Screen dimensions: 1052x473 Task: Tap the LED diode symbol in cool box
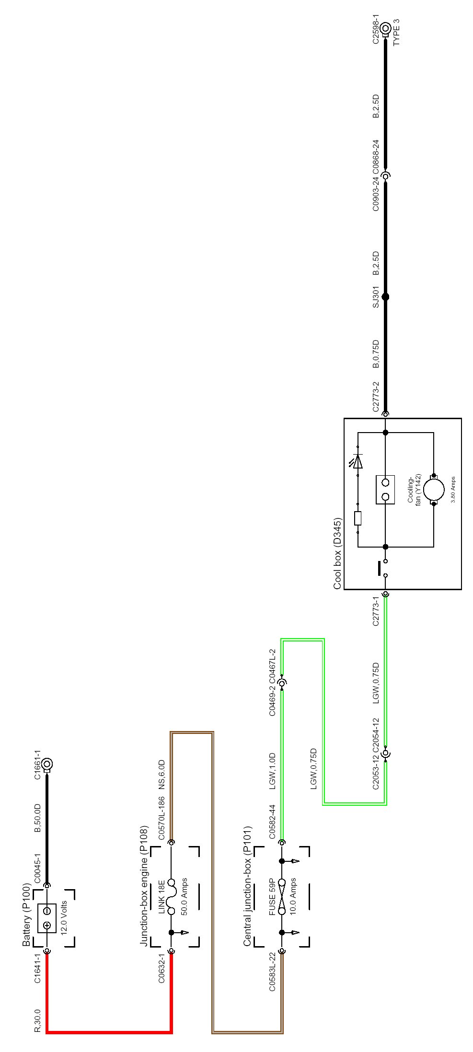tap(358, 460)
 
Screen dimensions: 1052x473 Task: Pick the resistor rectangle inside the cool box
tap(358, 518)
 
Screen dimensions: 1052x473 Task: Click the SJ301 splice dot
tap(385, 297)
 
